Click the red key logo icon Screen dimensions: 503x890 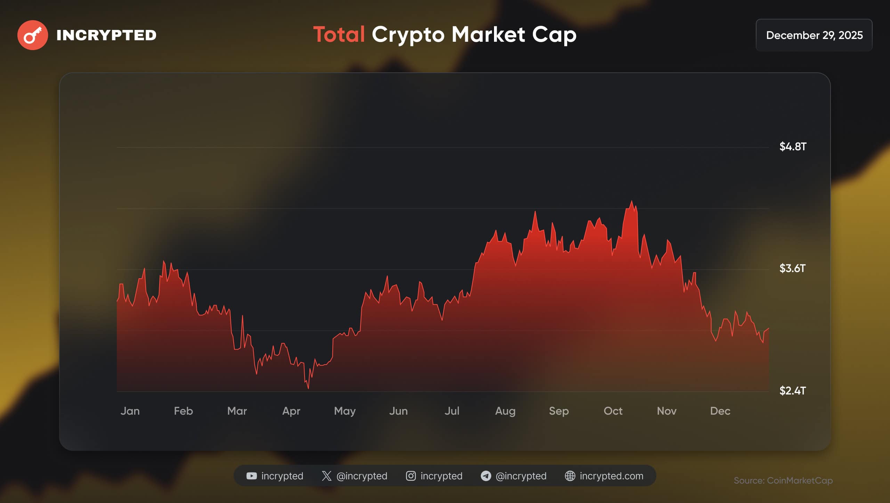(33, 35)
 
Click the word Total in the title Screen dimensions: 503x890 (339, 34)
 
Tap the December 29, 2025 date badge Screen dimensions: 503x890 (814, 35)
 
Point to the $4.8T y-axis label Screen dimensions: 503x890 (792, 147)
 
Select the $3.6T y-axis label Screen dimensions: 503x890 (792, 269)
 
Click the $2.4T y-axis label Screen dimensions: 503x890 (792, 391)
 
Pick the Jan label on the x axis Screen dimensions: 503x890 (130, 411)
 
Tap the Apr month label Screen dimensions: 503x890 (291, 411)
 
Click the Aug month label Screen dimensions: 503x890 (505, 411)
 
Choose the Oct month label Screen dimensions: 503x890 (613, 411)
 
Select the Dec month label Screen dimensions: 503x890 (720, 411)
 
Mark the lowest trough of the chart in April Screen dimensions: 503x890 (308, 388)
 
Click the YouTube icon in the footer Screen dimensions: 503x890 (251, 476)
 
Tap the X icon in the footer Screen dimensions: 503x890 (326, 476)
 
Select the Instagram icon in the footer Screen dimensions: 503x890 (411, 476)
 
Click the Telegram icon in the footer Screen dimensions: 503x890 (486, 476)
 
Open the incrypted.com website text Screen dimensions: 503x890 (611, 476)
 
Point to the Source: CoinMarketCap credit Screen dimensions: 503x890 (783, 481)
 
